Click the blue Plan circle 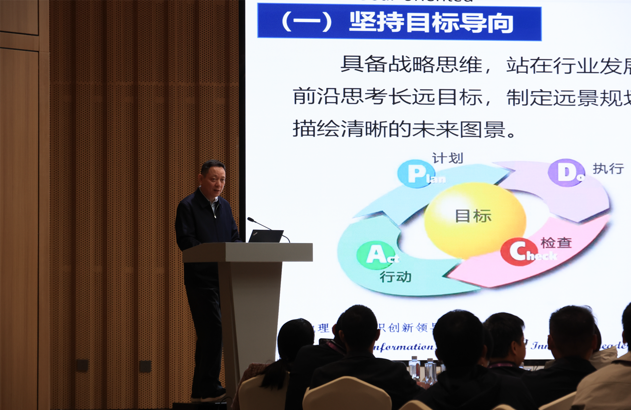pos(416,173)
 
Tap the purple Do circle pos(566,172)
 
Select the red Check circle pos(519,251)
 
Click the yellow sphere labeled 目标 pos(475,220)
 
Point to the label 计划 pos(448,158)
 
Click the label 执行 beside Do pos(608,169)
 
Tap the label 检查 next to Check pos(556,242)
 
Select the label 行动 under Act pos(395,276)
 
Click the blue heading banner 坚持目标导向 pos(399,22)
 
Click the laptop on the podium pos(266,236)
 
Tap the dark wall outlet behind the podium pos(145,366)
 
